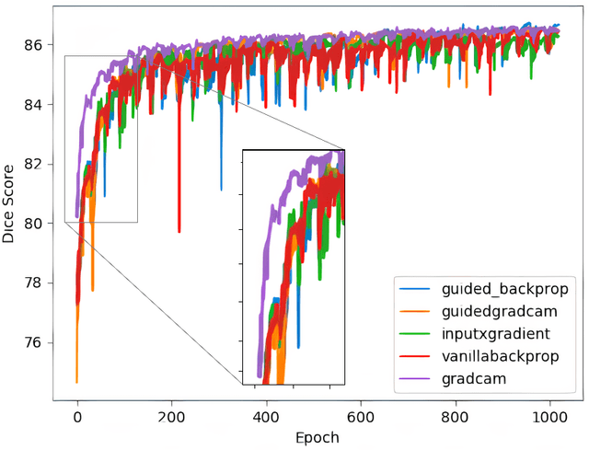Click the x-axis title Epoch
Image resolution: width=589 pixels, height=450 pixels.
click(x=311, y=438)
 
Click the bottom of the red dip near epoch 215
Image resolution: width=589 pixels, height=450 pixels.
click(x=179, y=232)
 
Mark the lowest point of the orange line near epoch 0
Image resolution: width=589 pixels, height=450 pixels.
click(x=77, y=382)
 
